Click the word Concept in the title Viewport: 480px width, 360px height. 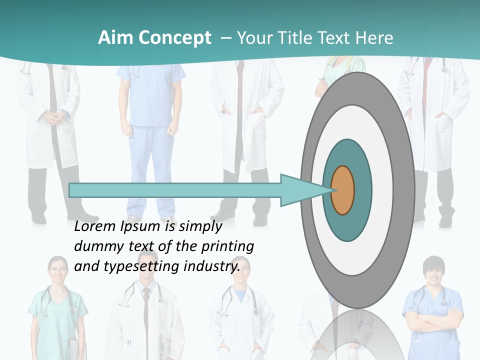[x=175, y=38]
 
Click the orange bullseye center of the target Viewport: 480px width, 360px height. [x=342, y=190]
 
